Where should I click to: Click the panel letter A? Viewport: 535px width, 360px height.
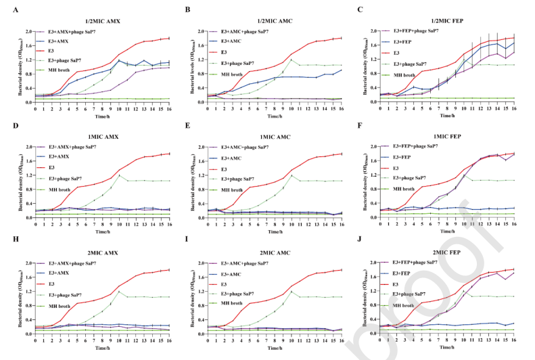(5, 9)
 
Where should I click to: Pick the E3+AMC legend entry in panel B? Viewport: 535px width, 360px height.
(240, 41)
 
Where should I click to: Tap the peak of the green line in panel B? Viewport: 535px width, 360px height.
(291, 60)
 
